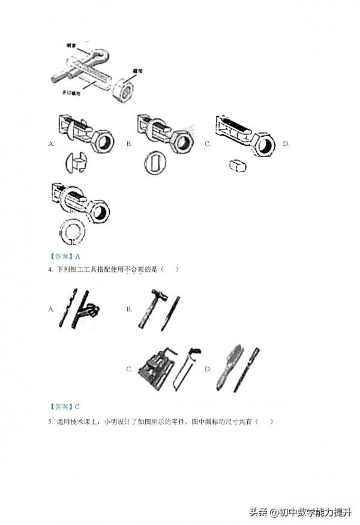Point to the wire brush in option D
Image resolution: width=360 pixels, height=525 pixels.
tap(230, 368)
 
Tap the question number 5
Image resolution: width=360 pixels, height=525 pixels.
tap(51, 421)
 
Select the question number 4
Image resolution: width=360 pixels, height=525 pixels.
tap(51, 269)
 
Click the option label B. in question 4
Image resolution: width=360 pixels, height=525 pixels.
tap(129, 309)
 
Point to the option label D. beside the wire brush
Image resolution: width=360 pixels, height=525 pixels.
tap(208, 369)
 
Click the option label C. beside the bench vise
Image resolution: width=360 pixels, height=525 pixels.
tap(129, 369)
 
